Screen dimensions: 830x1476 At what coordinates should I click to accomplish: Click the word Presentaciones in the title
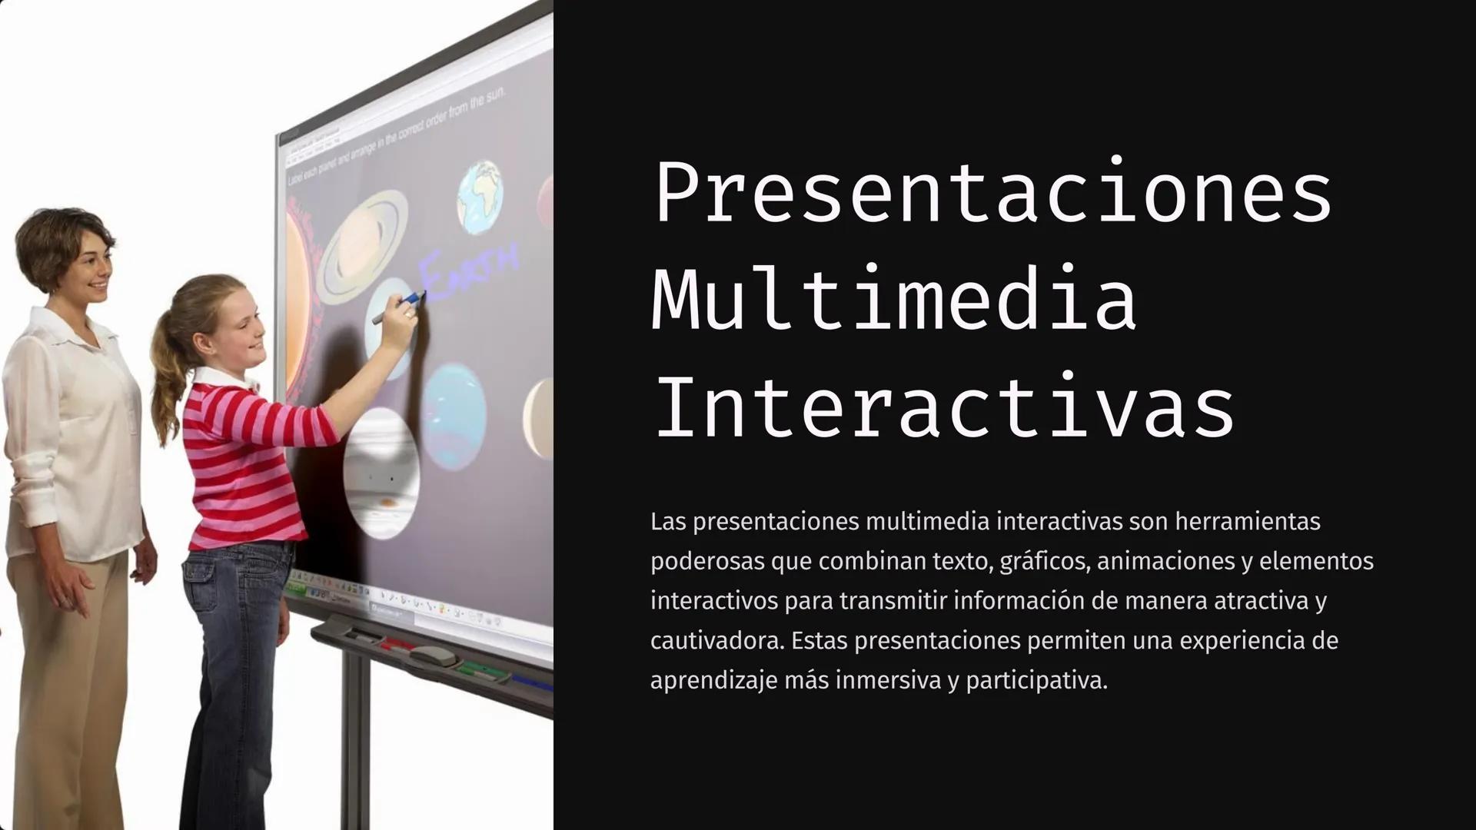(x=992, y=192)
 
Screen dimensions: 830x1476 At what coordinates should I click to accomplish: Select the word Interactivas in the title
(x=943, y=407)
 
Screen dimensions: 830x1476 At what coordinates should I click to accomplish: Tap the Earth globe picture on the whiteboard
(x=480, y=196)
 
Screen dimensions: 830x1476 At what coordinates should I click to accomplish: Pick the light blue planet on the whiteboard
(x=454, y=415)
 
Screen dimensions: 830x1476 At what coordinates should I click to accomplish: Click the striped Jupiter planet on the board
(x=381, y=473)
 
